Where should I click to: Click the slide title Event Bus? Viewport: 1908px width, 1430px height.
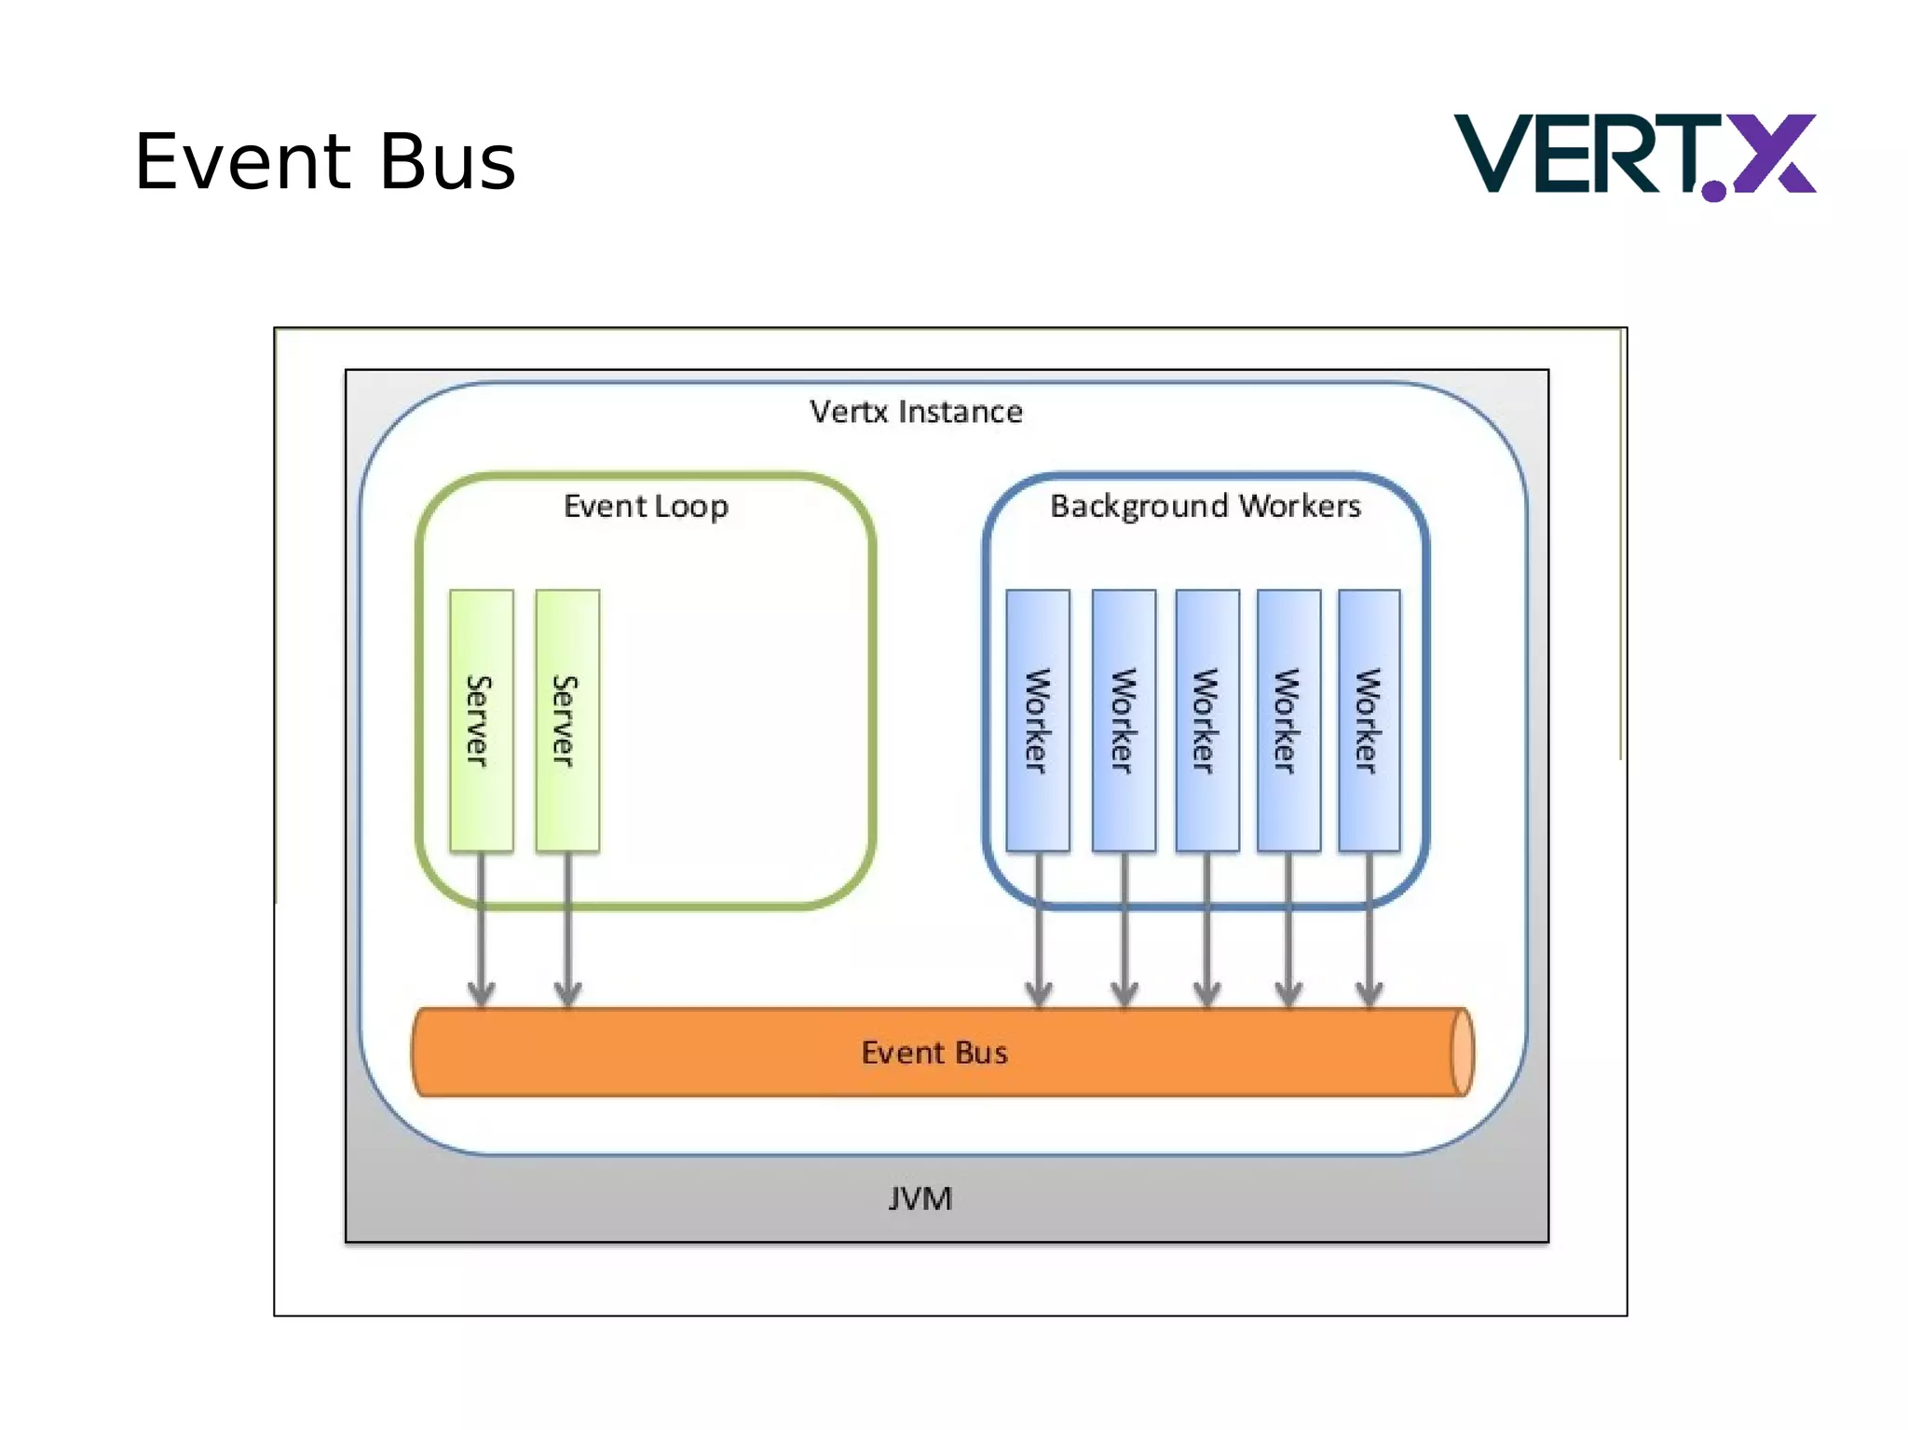pos(324,162)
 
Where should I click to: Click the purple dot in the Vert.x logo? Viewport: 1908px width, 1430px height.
pos(1713,191)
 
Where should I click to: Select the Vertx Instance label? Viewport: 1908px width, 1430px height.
pos(916,412)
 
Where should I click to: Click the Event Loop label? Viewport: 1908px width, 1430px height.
pos(646,506)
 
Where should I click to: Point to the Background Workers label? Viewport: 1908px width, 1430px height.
pos(1205,506)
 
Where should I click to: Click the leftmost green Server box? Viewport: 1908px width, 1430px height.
pos(481,720)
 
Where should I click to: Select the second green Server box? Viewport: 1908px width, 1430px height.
pos(566,720)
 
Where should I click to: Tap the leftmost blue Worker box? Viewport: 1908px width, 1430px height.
pos(1037,720)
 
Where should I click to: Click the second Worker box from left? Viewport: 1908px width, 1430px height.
pos(1124,720)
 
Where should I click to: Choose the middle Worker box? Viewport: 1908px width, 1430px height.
pos(1206,720)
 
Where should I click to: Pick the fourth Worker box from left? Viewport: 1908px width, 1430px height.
pos(1288,720)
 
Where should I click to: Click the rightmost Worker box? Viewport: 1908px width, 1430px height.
pos(1369,720)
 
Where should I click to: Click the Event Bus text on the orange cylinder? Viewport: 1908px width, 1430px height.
pos(934,1053)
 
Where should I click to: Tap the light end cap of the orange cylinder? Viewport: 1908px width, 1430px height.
pos(1462,1053)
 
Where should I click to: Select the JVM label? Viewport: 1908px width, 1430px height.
pos(920,1199)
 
